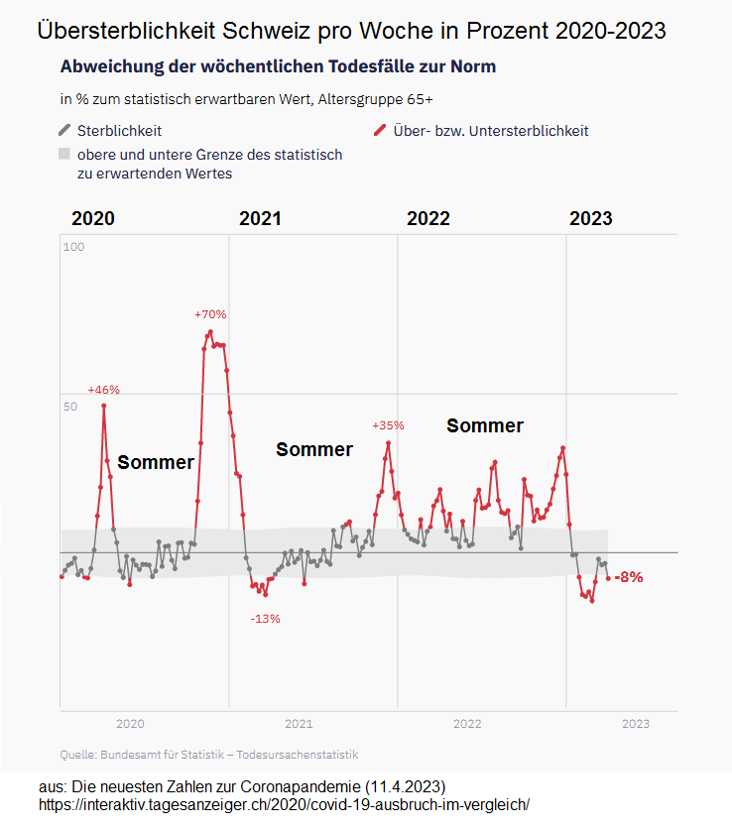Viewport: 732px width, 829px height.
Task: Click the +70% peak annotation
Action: (x=210, y=314)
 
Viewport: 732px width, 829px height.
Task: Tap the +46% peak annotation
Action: (x=103, y=390)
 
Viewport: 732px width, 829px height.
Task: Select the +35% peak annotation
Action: (x=388, y=425)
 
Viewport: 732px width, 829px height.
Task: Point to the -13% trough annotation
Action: (x=265, y=619)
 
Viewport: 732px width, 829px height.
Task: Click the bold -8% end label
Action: (x=629, y=577)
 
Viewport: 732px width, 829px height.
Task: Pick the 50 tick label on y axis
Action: (x=70, y=407)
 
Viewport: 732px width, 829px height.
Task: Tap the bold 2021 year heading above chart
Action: (x=260, y=219)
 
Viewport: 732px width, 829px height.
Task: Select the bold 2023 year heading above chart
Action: (x=590, y=219)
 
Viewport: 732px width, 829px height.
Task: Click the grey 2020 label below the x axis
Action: (x=130, y=724)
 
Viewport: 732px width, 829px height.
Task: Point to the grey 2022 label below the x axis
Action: (x=467, y=724)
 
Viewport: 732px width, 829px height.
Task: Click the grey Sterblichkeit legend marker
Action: (x=65, y=130)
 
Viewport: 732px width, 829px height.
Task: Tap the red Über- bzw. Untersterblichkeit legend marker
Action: (x=379, y=130)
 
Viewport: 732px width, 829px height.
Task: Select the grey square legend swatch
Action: (x=64, y=155)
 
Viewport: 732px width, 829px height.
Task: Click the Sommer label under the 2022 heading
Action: (x=484, y=425)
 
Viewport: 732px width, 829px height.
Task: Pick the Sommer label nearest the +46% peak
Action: (x=156, y=462)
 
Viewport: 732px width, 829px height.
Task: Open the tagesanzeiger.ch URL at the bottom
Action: (x=285, y=804)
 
